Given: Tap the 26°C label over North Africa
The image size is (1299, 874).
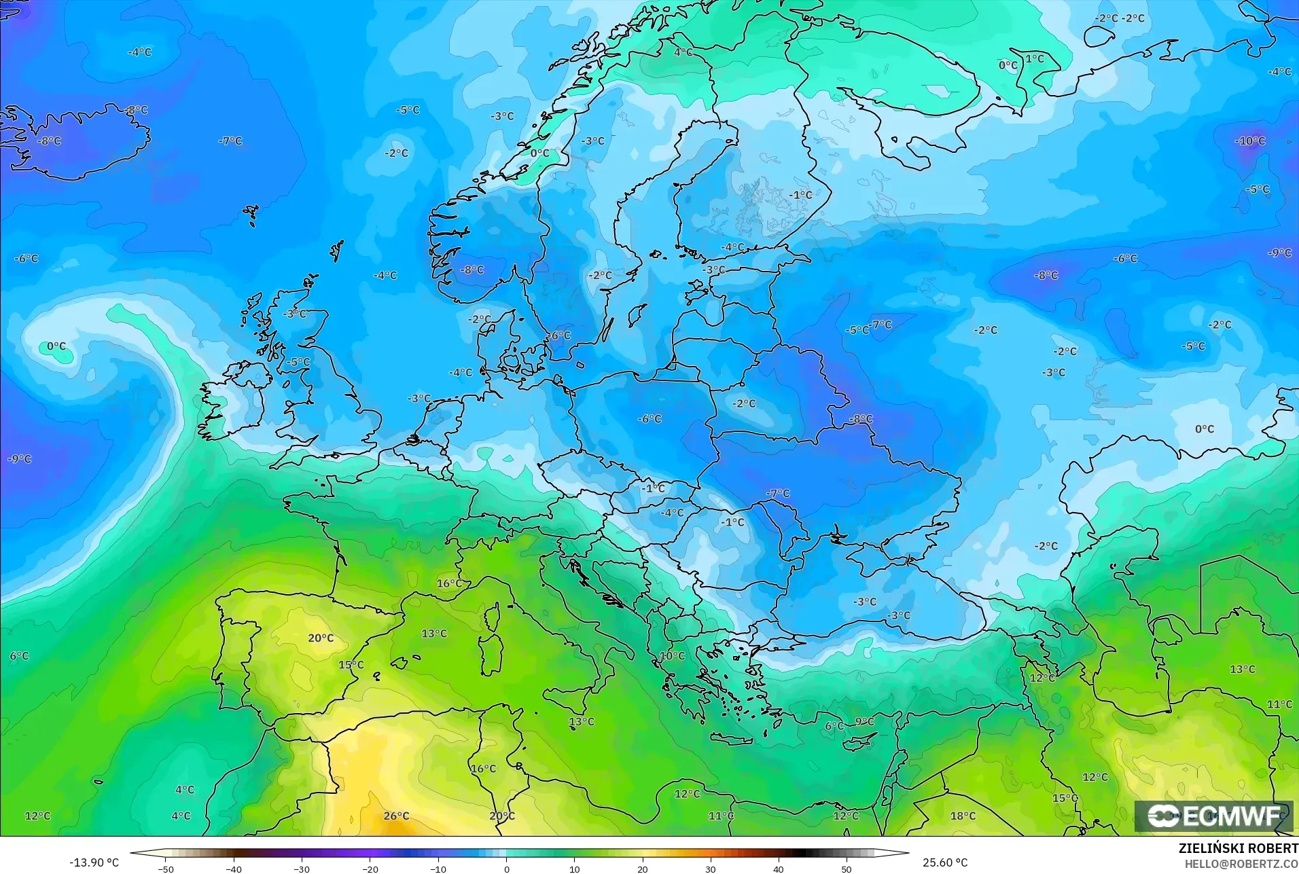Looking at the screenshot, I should (396, 816).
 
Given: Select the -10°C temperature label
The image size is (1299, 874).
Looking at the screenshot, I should (1249, 141).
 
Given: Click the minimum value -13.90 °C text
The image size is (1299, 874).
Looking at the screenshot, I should (94, 862).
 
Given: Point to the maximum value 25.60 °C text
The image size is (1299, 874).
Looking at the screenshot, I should (944, 862).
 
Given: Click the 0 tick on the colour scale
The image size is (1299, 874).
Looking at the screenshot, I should (506, 869).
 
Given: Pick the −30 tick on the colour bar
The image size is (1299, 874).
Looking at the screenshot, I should (301, 869).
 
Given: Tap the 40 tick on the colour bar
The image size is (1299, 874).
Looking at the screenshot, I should (779, 869).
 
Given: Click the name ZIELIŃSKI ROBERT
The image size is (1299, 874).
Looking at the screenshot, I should (1238, 849).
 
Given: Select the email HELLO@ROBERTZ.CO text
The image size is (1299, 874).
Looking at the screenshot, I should (1241, 864).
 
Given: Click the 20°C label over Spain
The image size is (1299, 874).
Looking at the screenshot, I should (321, 638).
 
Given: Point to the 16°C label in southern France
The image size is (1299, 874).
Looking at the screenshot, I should (449, 583).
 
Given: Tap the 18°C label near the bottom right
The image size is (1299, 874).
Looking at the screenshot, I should (963, 816).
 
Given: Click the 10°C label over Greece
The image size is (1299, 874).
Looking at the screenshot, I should (672, 656).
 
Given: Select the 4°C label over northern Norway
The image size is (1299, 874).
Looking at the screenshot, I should (683, 52).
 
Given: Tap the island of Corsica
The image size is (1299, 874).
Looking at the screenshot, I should (491, 617).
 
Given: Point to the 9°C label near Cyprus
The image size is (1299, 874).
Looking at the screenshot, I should (864, 721).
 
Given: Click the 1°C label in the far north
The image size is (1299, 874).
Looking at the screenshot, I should (1035, 59).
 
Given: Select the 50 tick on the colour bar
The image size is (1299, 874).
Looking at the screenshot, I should (847, 869).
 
